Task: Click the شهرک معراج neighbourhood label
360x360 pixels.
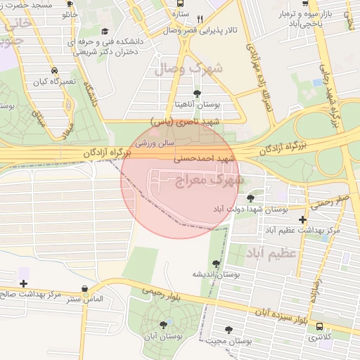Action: pos(207,183)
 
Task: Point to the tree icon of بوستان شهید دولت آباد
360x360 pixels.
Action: pos(250,198)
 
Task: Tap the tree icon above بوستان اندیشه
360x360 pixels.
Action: pos(216,263)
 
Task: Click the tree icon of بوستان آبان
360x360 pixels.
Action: pos(164,325)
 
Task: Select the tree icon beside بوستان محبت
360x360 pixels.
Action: pos(227,330)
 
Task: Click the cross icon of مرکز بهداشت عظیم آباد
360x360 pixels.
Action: pos(302,219)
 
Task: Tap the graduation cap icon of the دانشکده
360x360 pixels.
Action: pos(105,32)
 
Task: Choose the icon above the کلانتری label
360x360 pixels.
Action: pos(321,327)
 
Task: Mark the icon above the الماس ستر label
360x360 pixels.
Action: pos(85,289)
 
